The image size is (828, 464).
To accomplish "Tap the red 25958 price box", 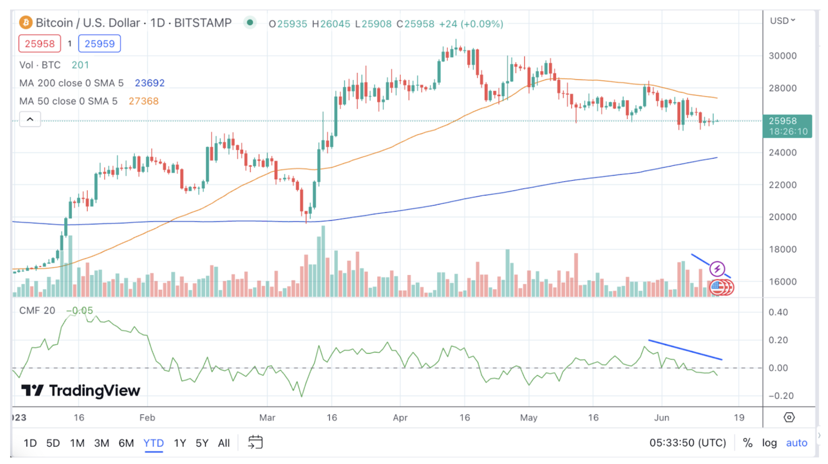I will pyautogui.click(x=40, y=44).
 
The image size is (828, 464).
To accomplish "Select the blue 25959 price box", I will pyautogui.click(x=100, y=44).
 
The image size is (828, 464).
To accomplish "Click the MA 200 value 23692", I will pyautogui.click(x=149, y=83).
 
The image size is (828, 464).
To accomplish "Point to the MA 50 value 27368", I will pyautogui.click(x=144, y=101).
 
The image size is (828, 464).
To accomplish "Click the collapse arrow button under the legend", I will pyautogui.click(x=30, y=119).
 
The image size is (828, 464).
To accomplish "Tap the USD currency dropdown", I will pyautogui.click(x=782, y=21).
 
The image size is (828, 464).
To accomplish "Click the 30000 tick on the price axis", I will pyautogui.click(x=783, y=56).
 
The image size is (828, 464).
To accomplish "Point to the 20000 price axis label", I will pyautogui.click(x=783, y=217).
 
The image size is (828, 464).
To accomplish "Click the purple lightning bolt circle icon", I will pyautogui.click(x=717, y=269).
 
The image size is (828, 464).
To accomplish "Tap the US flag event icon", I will pyautogui.click(x=716, y=287).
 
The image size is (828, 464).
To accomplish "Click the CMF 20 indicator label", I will pyautogui.click(x=37, y=310).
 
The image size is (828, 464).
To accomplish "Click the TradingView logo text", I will pyautogui.click(x=81, y=390).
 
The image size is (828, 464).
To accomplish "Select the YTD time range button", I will pyautogui.click(x=153, y=443).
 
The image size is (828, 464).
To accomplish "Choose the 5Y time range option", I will pyautogui.click(x=202, y=443).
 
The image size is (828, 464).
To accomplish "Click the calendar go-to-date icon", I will pyautogui.click(x=255, y=442).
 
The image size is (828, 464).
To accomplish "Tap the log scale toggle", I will pyautogui.click(x=769, y=443).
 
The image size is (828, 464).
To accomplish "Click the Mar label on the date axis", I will pyautogui.click(x=267, y=417).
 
